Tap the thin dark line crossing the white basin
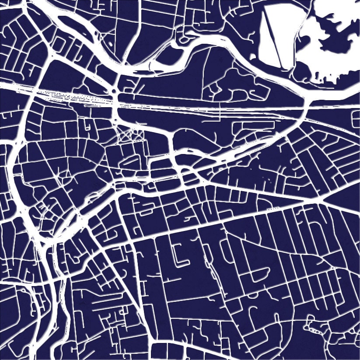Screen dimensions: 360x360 273,42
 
